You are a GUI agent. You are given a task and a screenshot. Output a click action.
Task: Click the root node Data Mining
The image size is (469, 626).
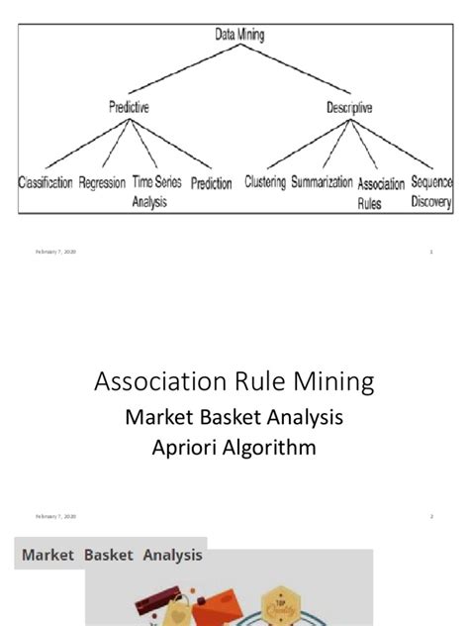pyautogui.click(x=239, y=34)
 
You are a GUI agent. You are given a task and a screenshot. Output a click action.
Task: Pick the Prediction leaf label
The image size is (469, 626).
pyautogui.click(x=212, y=184)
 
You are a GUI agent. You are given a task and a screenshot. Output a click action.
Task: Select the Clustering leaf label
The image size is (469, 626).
pyautogui.click(x=266, y=183)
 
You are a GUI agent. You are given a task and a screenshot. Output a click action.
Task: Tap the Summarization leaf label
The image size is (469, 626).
pyautogui.click(x=322, y=183)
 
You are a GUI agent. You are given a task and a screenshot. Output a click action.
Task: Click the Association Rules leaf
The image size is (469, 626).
pyautogui.click(x=381, y=192)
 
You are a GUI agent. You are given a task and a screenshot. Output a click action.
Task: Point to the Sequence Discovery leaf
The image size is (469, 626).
pyautogui.click(x=432, y=192)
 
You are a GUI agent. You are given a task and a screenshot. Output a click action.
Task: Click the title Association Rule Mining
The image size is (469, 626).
pyautogui.click(x=234, y=381)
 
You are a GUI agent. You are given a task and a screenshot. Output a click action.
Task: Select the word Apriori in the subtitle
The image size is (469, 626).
pyautogui.click(x=188, y=448)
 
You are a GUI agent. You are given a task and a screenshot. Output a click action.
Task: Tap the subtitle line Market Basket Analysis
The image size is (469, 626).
pyautogui.click(x=234, y=417)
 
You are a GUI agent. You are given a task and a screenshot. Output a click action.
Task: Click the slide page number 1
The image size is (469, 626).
pyautogui.click(x=431, y=252)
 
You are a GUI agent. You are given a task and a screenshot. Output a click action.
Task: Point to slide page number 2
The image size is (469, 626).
pyautogui.click(x=431, y=517)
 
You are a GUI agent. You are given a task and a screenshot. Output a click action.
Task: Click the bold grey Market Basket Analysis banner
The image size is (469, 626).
pyautogui.click(x=112, y=556)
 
